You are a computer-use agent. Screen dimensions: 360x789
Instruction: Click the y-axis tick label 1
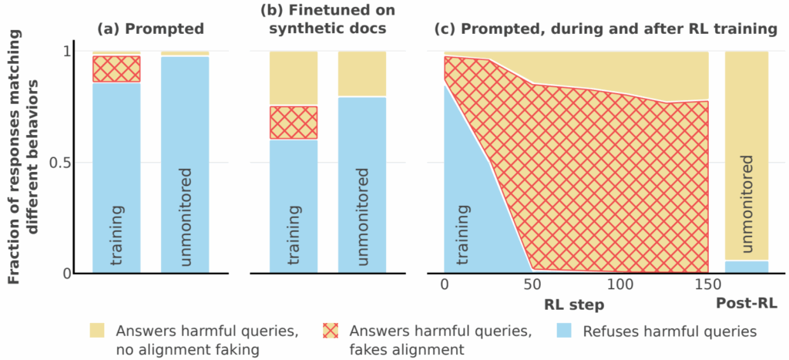[65, 51]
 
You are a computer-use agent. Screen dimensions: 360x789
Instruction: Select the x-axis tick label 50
[531, 286]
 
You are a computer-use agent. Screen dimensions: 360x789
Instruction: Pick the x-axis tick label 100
[619, 286]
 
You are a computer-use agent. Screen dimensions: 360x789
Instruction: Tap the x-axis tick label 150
[708, 286]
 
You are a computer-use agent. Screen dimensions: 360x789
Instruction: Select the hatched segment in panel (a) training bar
[116, 69]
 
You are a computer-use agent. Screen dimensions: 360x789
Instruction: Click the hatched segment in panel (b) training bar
[294, 122]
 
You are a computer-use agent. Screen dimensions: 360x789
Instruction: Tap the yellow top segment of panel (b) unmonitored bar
[362, 73]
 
